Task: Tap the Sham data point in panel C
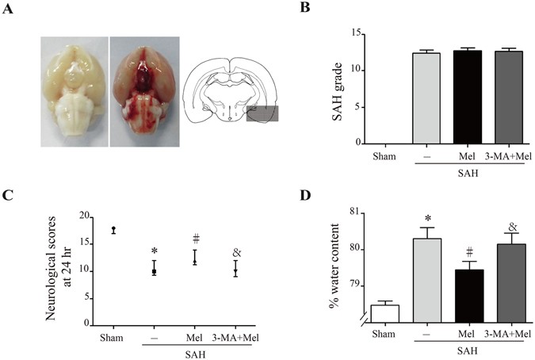pos(113,230)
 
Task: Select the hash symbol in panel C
pos(195,239)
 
